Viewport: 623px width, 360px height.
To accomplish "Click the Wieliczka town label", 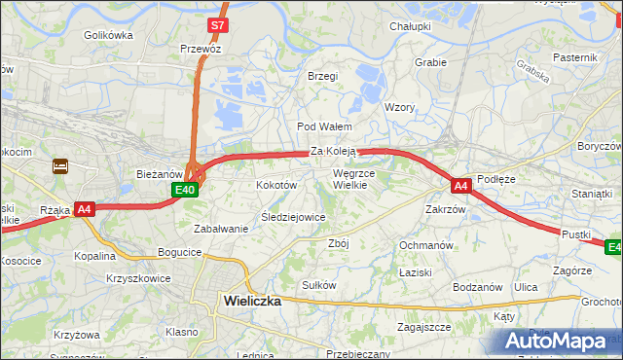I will tap(252, 301).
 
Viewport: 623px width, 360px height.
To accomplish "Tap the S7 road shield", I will tap(219, 24).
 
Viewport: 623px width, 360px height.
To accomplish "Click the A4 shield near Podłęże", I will tap(460, 184).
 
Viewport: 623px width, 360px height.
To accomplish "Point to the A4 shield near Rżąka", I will tap(85, 208).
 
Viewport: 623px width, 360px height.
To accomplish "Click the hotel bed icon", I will tap(60, 166).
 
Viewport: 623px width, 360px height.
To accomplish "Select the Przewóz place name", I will tap(201, 49).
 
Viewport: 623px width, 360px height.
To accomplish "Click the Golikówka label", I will tap(108, 35).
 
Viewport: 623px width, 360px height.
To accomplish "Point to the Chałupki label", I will tap(410, 26).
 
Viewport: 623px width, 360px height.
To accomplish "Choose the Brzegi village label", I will tap(322, 76).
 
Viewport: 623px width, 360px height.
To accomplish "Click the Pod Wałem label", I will tap(324, 126).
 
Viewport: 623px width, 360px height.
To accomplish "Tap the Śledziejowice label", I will tap(293, 217).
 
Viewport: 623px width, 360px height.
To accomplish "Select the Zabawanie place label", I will tap(221, 229).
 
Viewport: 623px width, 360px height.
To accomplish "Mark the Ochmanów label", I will tap(425, 245).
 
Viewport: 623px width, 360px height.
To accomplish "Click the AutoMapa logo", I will tap(560, 341).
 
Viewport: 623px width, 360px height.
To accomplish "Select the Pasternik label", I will tap(574, 58).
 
